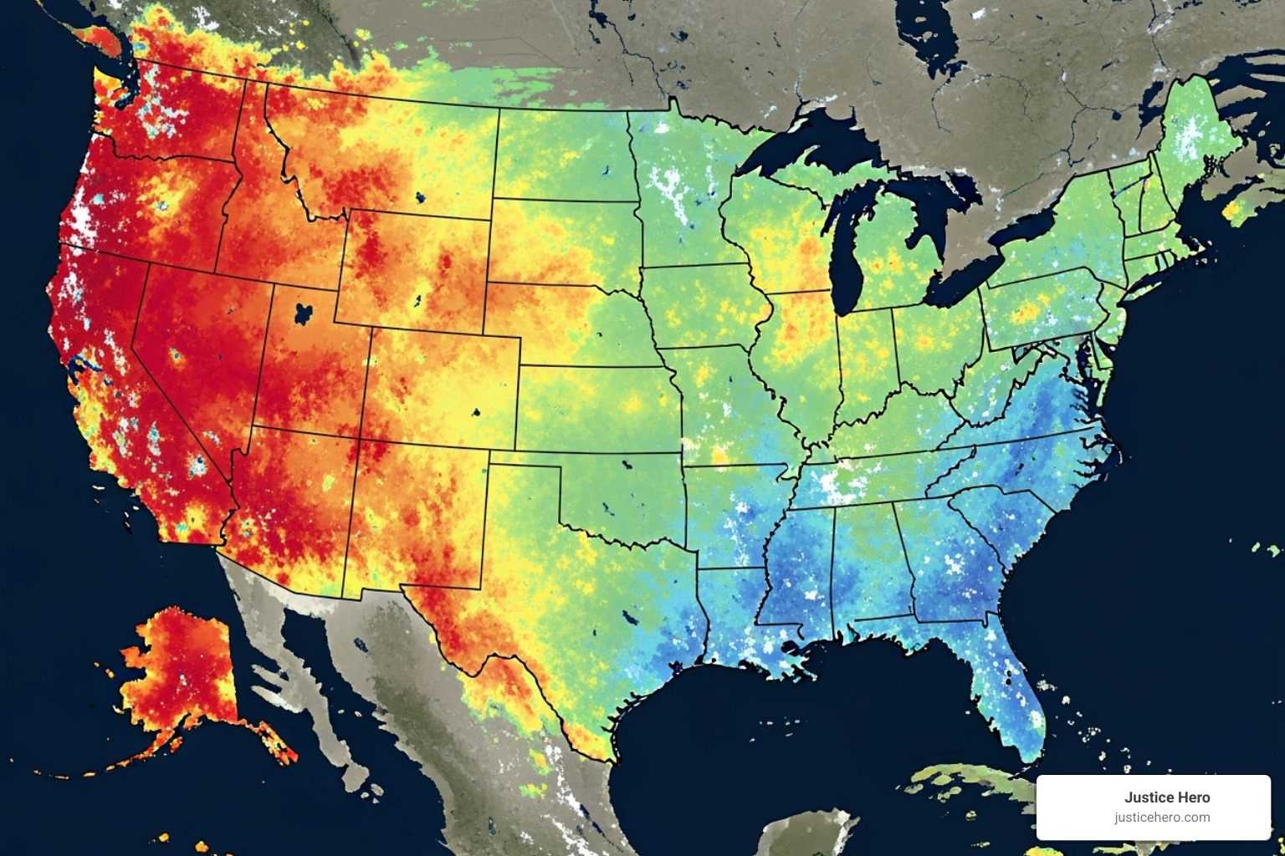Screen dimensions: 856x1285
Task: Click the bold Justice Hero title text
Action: (x=1166, y=797)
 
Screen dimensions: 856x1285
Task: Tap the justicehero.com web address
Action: (x=1162, y=818)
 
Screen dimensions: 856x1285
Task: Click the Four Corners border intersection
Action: (x=361, y=440)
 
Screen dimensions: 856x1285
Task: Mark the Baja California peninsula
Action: (x=268, y=635)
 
